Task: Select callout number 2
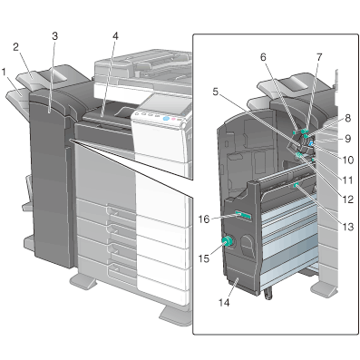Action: [x=16, y=46]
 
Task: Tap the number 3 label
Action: [x=55, y=35]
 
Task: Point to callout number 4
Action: [x=115, y=35]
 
